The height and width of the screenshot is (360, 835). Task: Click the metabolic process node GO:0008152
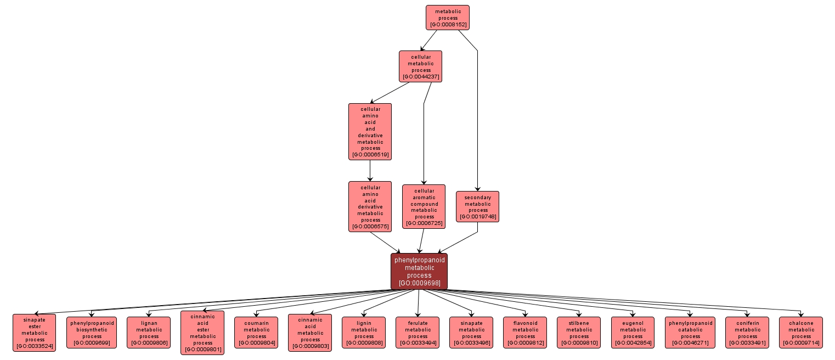pos(447,18)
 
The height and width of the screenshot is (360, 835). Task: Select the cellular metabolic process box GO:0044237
pos(420,66)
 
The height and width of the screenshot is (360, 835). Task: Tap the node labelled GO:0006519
pos(370,132)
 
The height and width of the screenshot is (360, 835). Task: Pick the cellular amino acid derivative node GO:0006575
pos(370,206)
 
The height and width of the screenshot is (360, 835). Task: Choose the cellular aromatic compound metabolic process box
pos(424,206)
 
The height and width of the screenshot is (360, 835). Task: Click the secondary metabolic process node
pos(477,206)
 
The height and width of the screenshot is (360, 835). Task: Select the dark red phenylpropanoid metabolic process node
pos(419,271)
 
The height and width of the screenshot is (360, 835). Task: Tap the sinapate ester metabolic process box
pos(34,333)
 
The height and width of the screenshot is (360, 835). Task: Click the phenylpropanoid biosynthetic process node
pos(92,333)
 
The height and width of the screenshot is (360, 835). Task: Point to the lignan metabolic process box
pos(149,333)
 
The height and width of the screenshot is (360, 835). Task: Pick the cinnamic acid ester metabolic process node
pos(202,333)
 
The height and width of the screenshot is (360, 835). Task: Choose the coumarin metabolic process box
pos(256,333)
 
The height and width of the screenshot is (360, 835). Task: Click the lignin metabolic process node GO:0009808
pos(364,333)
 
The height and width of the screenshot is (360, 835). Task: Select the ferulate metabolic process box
pos(417,333)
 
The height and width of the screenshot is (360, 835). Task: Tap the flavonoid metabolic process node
pos(525,333)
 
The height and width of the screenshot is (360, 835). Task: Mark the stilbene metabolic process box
pos(579,333)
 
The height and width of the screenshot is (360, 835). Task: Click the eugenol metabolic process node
pos(633,333)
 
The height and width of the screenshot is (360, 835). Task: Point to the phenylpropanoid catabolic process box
pos(690,333)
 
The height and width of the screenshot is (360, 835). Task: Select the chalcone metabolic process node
pos(801,333)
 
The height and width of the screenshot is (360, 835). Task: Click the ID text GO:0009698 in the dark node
pos(419,283)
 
